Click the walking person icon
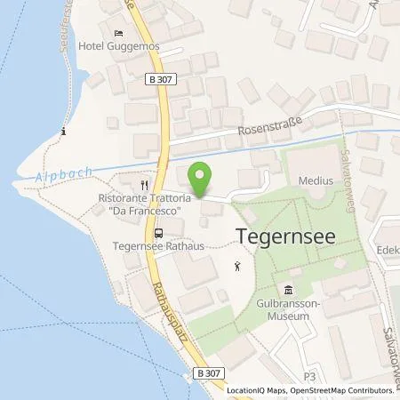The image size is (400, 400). [236, 265]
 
